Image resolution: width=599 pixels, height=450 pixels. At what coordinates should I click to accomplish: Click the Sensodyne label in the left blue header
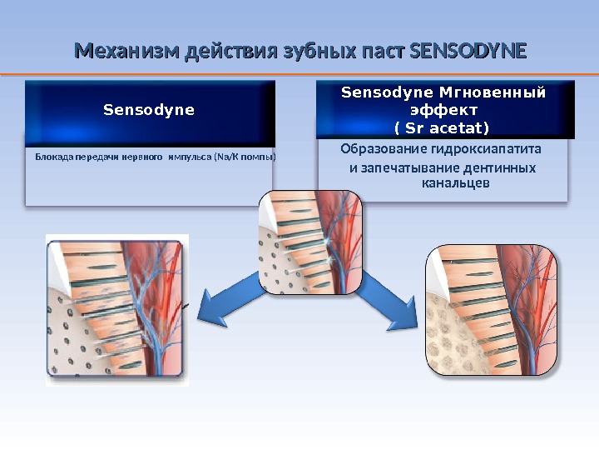[149, 109]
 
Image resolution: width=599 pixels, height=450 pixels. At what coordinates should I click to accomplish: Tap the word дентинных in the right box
[497, 169]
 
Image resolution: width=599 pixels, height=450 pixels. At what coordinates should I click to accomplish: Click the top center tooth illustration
[310, 242]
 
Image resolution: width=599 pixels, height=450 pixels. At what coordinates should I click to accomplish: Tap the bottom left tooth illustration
[116, 310]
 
